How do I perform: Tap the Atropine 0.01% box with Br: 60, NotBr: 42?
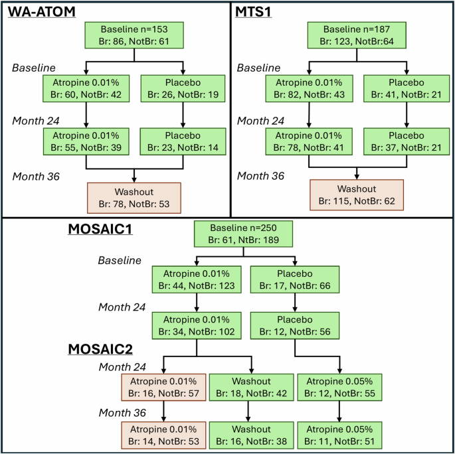[x=86, y=89]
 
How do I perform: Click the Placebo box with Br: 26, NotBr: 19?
[x=182, y=89]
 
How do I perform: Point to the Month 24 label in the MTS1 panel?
[x=259, y=120]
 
